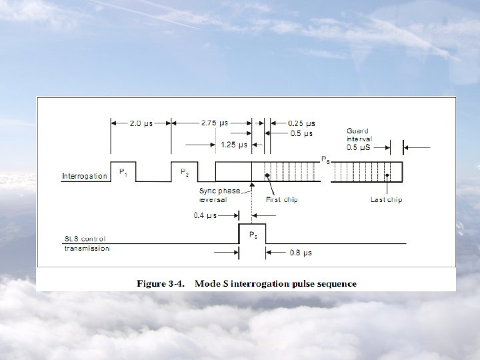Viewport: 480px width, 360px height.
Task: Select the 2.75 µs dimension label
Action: point(214,123)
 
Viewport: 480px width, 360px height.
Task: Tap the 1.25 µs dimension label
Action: point(233,144)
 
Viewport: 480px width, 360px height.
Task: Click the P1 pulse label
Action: point(123,172)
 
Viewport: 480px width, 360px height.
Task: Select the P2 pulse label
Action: point(185,172)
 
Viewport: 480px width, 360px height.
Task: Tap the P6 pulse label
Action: point(325,160)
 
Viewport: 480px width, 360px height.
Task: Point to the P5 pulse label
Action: point(253,235)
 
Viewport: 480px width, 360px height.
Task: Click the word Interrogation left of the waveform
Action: point(84,176)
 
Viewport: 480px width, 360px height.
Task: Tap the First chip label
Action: point(282,199)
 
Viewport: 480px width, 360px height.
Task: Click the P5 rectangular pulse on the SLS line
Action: point(252,235)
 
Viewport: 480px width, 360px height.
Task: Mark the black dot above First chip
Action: point(267,175)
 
